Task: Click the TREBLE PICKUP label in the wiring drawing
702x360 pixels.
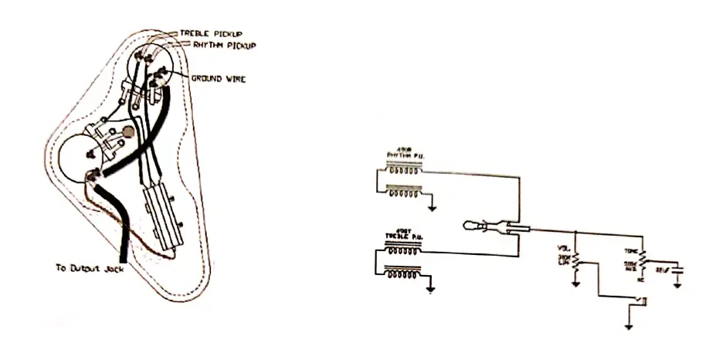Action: [211, 35]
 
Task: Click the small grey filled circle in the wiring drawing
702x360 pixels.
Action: [128, 131]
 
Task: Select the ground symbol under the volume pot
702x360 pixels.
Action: [575, 282]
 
